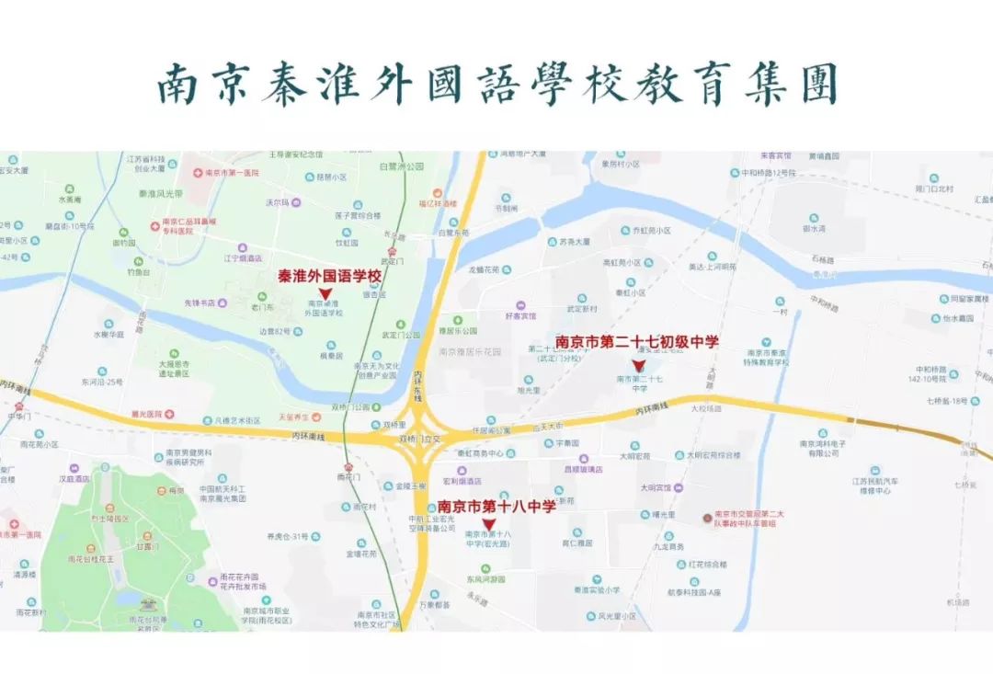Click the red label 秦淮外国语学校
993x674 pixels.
(x=329, y=275)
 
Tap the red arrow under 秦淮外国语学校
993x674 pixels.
(x=325, y=292)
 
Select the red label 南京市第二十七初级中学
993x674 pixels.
(x=637, y=342)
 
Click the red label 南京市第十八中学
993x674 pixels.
(x=496, y=506)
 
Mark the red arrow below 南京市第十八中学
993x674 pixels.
(x=488, y=524)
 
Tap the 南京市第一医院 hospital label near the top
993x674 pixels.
(x=232, y=173)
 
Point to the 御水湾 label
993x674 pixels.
(x=815, y=229)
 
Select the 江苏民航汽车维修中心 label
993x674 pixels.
(x=873, y=486)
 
